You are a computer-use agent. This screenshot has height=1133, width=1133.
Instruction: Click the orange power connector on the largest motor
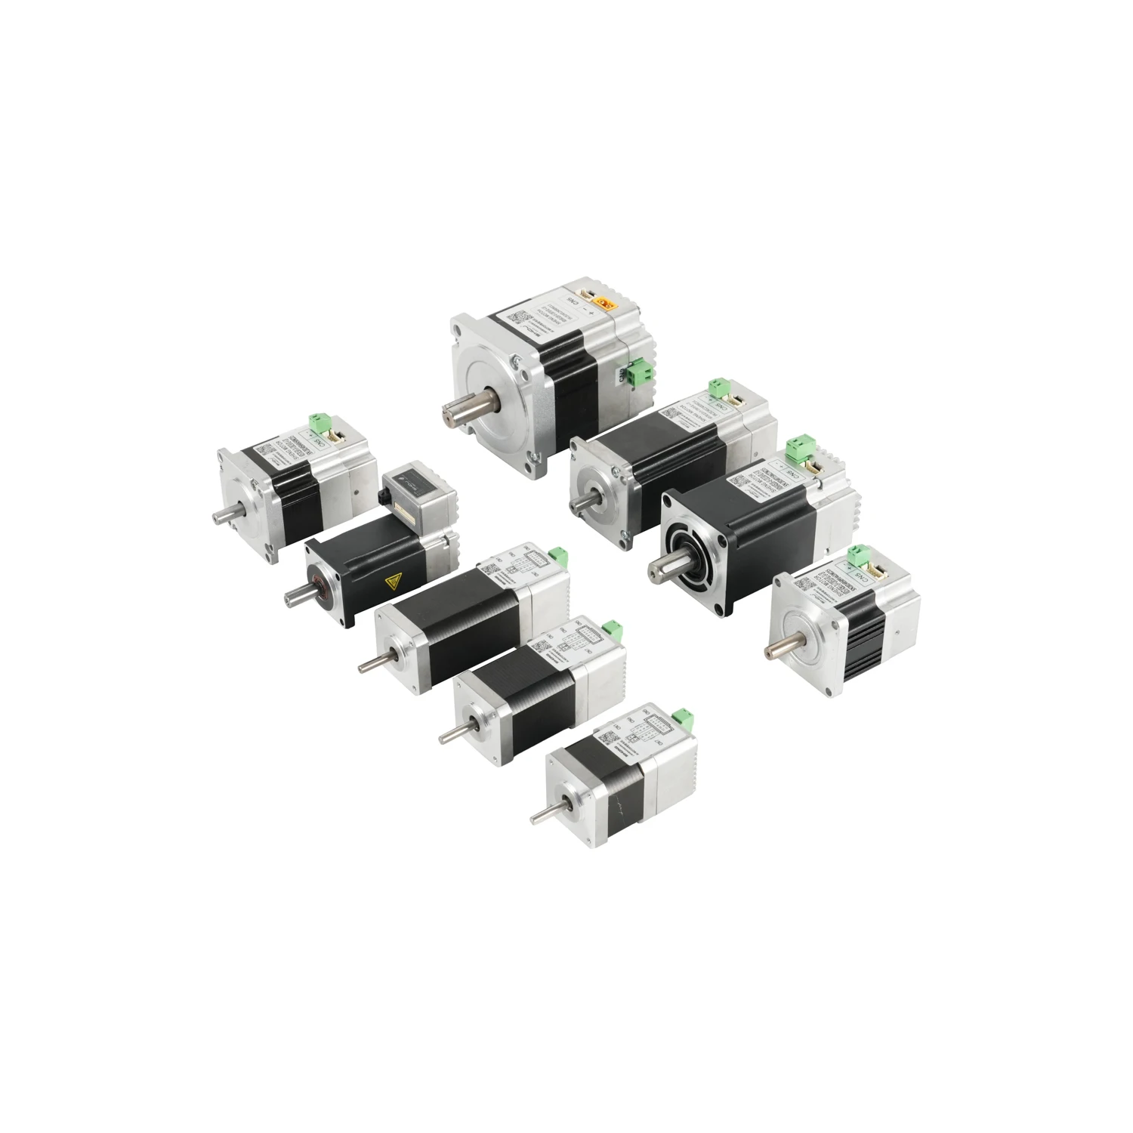point(604,304)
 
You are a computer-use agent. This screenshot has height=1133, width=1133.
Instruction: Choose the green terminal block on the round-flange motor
point(798,449)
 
